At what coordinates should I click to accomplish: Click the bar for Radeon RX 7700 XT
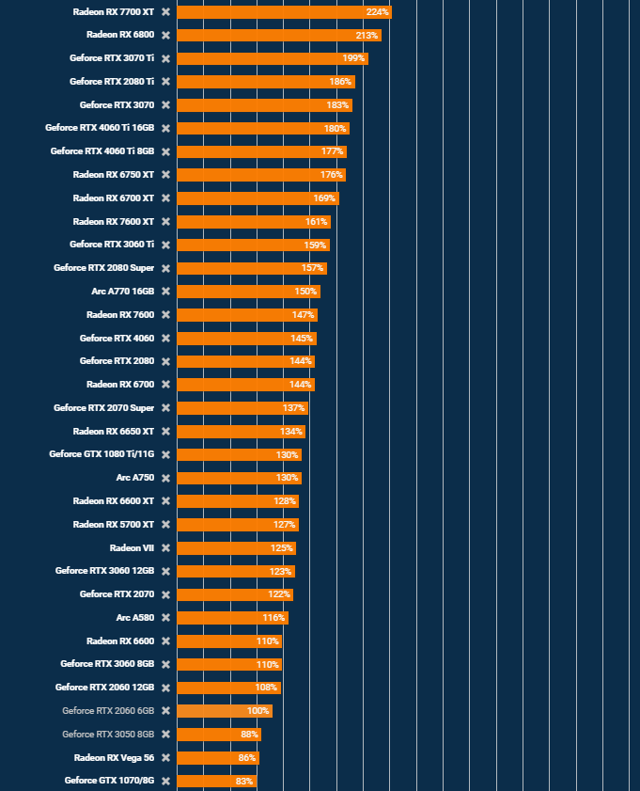click(282, 12)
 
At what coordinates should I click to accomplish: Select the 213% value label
click(367, 36)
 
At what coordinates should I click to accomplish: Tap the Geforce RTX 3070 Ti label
click(112, 58)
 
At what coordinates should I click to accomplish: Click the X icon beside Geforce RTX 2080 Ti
click(165, 82)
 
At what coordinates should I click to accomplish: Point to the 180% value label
click(335, 129)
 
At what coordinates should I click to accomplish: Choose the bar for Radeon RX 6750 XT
click(260, 175)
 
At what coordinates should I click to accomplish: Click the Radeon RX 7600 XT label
click(114, 222)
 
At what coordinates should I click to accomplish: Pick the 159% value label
click(315, 245)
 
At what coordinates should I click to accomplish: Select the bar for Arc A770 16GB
click(248, 292)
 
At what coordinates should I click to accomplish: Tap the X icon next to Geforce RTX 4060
click(165, 339)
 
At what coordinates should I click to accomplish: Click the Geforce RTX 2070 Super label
click(103, 408)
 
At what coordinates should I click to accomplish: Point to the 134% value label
click(291, 432)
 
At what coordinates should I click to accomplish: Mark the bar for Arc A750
click(239, 478)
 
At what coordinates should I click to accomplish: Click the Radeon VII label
click(132, 548)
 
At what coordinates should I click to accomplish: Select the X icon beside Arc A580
click(165, 618)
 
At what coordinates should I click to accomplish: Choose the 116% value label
click(273, 618)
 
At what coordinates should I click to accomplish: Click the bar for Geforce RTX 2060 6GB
click(224, 711)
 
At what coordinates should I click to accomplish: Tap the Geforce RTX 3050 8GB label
click(108, 735)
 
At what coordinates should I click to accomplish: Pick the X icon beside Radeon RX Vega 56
click(165, 758)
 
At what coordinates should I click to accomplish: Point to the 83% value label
click(244, 782)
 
